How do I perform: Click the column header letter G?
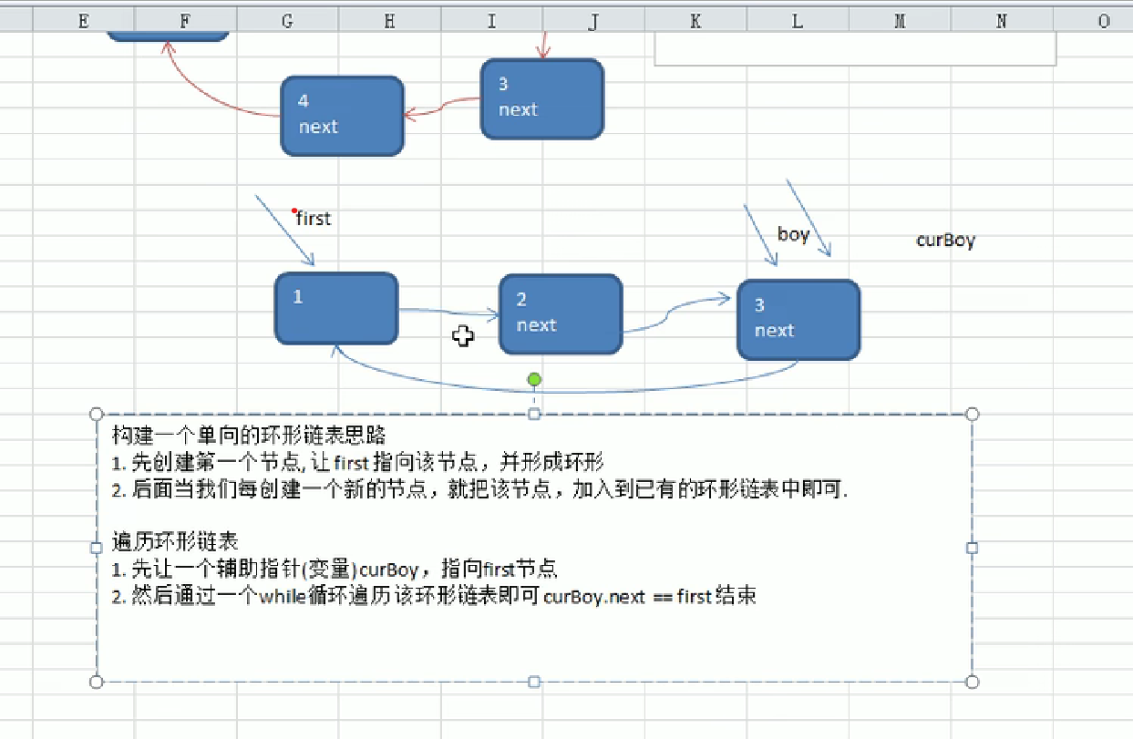[x=287, y=21]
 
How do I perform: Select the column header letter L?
[x=798, y=21]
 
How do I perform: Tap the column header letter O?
[x=1104, y=21]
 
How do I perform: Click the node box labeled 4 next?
[x=342, y=116]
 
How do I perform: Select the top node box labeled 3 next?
[x=542, y=99]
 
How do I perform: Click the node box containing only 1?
[x=336, y=309]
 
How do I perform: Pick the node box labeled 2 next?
[x=561, y=314]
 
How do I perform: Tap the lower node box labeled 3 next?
[x=798, y=320]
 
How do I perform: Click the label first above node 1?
[x=314, y=219]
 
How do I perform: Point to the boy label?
[x=793, y=234]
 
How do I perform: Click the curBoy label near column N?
[x=945, y=241]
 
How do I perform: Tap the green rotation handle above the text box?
[x=534, y=379]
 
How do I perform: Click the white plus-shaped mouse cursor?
[x=463, y=336]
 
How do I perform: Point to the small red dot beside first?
[x=294, y=210]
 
